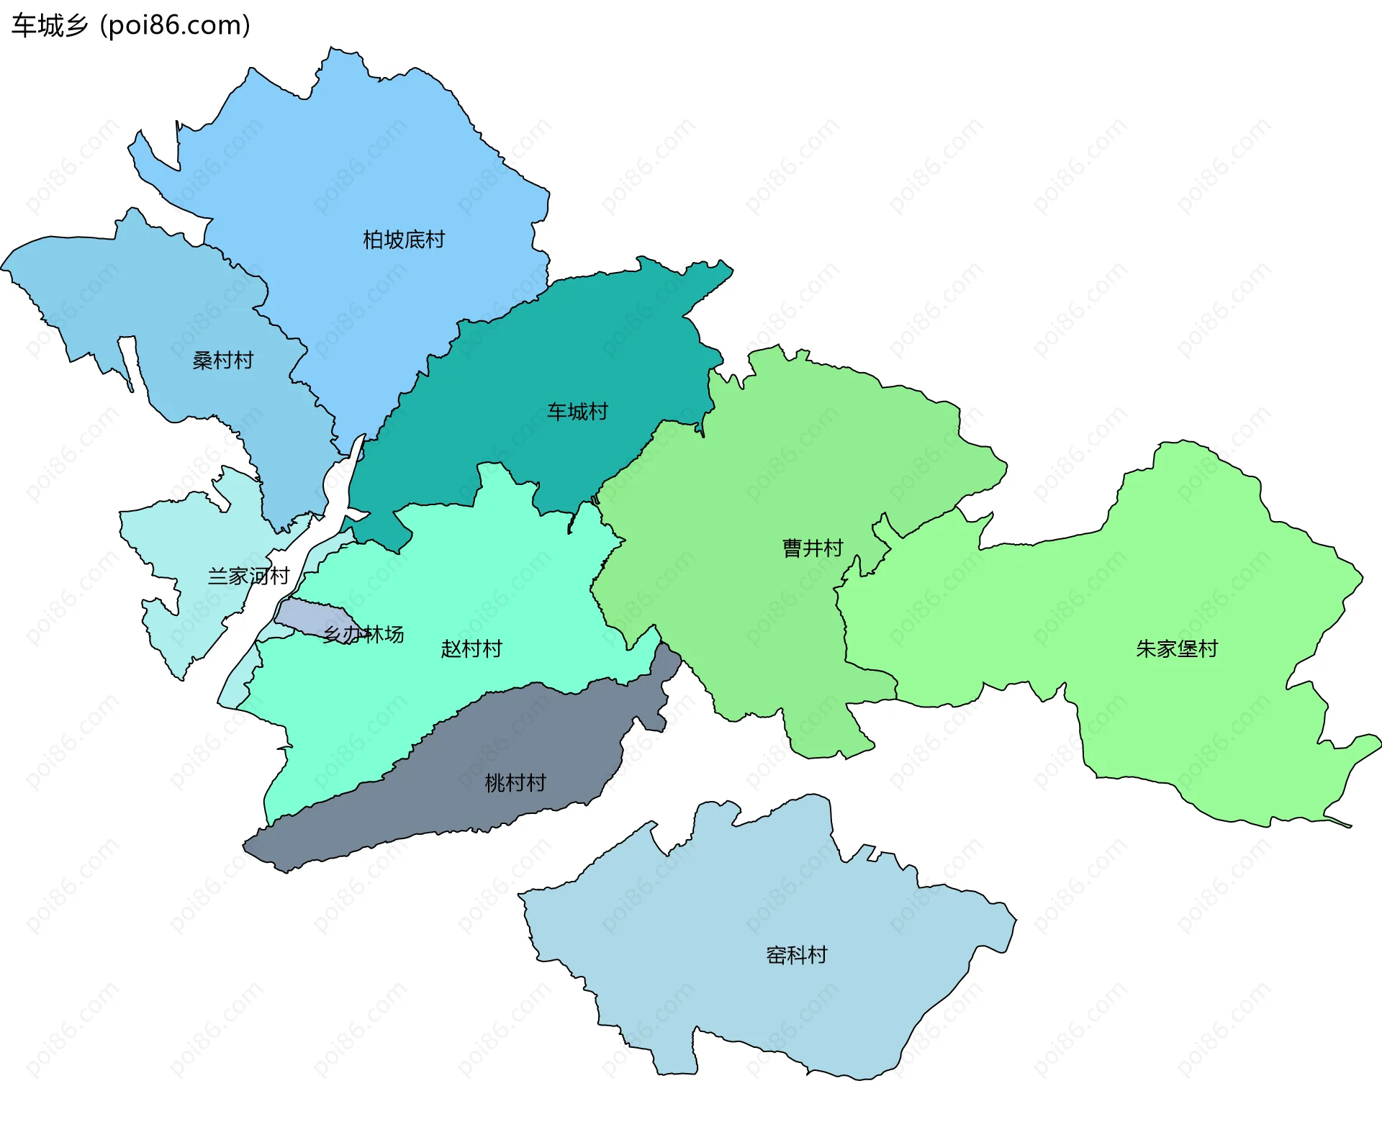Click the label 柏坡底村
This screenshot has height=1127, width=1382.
[404, 240]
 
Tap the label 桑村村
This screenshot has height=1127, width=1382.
[223, 361]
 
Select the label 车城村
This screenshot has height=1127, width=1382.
[577, 412]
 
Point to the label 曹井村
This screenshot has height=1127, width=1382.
[813, 548]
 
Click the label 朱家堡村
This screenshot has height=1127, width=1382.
[1177, 649]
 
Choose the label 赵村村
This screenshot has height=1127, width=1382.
[471, 649]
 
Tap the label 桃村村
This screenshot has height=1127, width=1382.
[515, 783]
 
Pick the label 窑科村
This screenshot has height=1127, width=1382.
[797, 955]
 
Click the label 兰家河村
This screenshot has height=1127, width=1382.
[248, 576]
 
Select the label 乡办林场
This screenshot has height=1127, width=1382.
[363, 635]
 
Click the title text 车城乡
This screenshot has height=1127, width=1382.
[49, 26]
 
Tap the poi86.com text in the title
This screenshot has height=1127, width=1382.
[175, 26]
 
